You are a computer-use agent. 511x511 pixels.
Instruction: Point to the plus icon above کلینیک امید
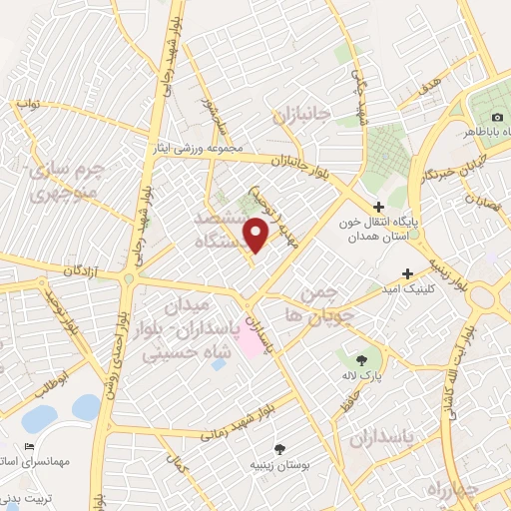(407, 273)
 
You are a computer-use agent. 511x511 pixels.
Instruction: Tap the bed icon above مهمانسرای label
(28, 447)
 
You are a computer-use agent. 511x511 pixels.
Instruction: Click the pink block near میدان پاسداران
(248, 343)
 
